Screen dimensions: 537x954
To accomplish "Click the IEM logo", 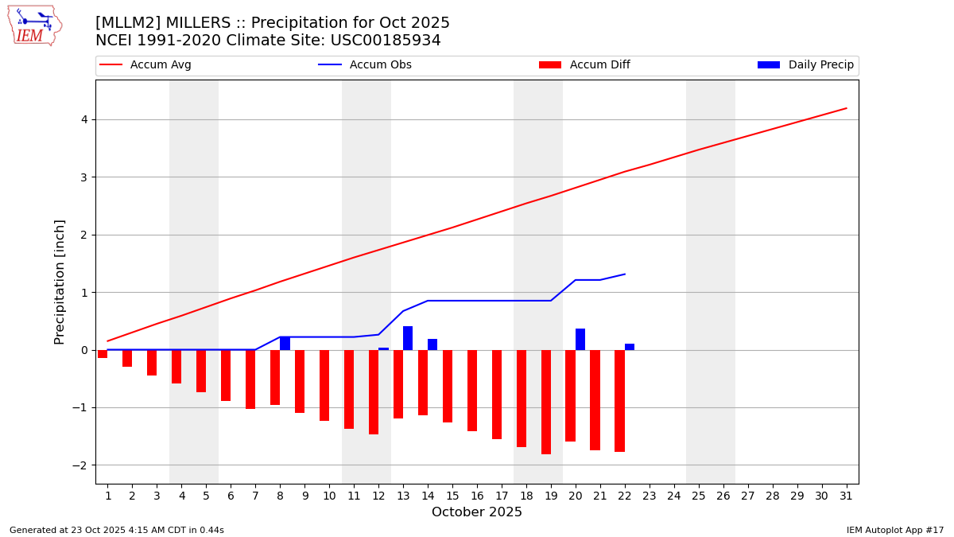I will [x=34, y=25].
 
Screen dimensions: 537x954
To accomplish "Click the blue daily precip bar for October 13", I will [x=408, y=338].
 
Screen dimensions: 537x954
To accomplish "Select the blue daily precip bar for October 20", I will [x=580, y=339].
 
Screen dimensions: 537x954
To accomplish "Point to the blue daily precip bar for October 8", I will [x=285, y=344].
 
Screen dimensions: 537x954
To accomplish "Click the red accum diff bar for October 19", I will [x=546, y=402].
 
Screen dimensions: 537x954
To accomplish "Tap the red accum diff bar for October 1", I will [x=103, y=354].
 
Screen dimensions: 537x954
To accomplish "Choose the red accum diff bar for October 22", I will [x=619, y=401].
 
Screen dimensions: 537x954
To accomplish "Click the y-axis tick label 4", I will [x=83, y=120].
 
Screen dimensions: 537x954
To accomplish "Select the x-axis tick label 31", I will [x=846, y=496].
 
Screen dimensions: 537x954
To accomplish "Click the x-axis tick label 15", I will [x=452, y=496].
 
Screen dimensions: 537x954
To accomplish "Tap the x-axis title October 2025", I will [x=477, y=512].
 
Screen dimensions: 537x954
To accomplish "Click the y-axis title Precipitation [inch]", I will [x=60, y=282].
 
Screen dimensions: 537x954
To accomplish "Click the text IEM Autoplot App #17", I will [x=894, y=530].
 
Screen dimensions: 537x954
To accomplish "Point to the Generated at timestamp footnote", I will [x=117, y=530].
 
